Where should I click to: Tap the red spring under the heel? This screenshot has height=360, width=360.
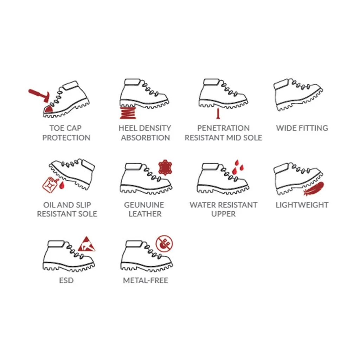pos(128,113)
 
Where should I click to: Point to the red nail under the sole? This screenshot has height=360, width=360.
pos(218,114)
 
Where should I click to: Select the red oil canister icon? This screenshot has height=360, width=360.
pos(49,184)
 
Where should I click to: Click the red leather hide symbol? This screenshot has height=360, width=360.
pos(165,167)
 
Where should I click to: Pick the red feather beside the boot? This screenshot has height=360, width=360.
pos(314,188)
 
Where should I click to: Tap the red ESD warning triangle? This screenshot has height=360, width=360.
pos(86,244)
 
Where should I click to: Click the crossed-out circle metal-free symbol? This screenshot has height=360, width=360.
pos(164,244)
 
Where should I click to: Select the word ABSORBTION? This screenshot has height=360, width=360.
pos(145,137)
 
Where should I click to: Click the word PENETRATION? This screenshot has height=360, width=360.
pos(223,128)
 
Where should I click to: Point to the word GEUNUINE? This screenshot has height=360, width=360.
pos(144,205)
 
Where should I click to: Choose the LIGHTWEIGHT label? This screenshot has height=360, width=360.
pos(302,205)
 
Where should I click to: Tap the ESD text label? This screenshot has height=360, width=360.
pos(66,280)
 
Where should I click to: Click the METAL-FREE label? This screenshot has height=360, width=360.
pos(146,280)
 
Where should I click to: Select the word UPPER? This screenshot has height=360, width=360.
pos(223,214)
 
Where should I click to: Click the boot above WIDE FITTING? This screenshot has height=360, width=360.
pos(298,95)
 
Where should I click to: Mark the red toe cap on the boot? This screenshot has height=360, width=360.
pos(49,109)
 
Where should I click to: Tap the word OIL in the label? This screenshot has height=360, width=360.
pos(49,205)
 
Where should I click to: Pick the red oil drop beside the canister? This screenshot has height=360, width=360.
pos(62,185)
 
